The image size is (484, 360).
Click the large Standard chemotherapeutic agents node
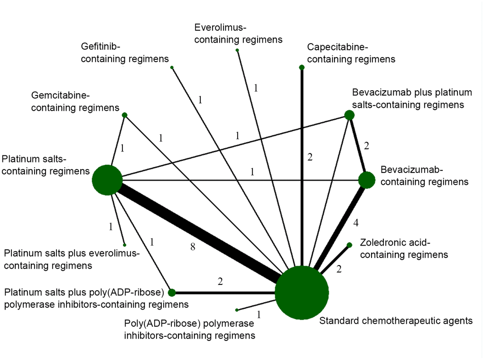(x=302, y=293)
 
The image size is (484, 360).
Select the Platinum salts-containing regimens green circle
(x=108, y=180)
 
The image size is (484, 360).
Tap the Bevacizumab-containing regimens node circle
(x=366, y=180)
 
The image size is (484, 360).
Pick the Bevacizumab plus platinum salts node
(x=349, y=115)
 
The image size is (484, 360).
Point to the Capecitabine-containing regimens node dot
(x=302, y=67)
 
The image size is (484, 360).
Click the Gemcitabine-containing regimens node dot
(x=125, y=115)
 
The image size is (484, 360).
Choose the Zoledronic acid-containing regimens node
(x=350, y=245)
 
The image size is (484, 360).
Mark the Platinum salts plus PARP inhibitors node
(x=172, y=293)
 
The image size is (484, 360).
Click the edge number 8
(x=193, y=246)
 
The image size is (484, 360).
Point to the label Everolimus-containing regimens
(x=238, y=34)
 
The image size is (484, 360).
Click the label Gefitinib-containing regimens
(x=125, y=53)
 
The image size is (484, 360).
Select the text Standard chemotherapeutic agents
(x=396, y=321)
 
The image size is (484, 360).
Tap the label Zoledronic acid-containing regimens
(x=404, y=249)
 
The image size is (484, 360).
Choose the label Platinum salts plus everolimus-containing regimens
(x=72, y=259)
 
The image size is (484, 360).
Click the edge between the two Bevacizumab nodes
(x=358, y=149)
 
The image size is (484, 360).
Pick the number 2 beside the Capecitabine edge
(x=310, y=157)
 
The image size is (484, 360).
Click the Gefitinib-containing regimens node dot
(x=172, y=67)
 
